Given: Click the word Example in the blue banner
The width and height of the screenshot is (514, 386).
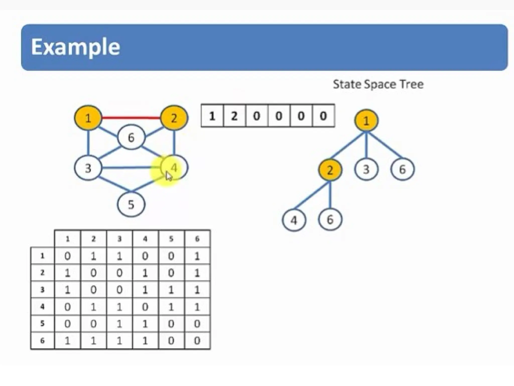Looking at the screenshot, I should (x=76, y=47).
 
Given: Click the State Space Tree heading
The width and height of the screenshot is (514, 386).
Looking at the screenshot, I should (x=378, y=84).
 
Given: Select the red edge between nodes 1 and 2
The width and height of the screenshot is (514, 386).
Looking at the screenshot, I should (x=131, y=117).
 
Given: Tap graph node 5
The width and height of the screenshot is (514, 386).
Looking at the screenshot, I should (x=131, y=204).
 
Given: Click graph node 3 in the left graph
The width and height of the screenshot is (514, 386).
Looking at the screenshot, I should (x=88, y=168).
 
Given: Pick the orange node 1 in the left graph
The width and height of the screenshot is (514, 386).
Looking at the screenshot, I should (x=88, y=118).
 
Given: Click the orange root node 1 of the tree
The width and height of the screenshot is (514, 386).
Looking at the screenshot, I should (x=366, y=121).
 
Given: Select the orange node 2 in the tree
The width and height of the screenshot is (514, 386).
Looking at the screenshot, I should (x=330, y=170).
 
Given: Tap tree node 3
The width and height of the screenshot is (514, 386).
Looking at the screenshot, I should (x=366, y=169).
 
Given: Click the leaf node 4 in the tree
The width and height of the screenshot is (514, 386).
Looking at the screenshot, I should (x=294, y=220).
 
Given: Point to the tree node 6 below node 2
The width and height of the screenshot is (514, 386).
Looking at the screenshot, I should (x=330, y=220).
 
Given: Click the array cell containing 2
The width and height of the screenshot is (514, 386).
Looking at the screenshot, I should (x=234, y=116).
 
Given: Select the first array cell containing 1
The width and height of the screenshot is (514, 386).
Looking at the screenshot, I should (x=212, y=116).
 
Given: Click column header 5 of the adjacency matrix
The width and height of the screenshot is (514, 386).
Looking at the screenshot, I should (x=171, y=239).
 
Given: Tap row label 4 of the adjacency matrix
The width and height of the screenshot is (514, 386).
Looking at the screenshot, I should (x=42, y=307).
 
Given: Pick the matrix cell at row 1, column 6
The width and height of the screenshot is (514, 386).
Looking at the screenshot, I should (x=197, y=256).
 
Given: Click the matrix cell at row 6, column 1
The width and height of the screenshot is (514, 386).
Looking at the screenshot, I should (x=67, y=341).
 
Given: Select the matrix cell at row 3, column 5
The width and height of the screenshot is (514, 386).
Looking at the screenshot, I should (x=171, y=290).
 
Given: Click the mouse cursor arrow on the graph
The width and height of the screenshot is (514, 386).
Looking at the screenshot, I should (x=169, y=176).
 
